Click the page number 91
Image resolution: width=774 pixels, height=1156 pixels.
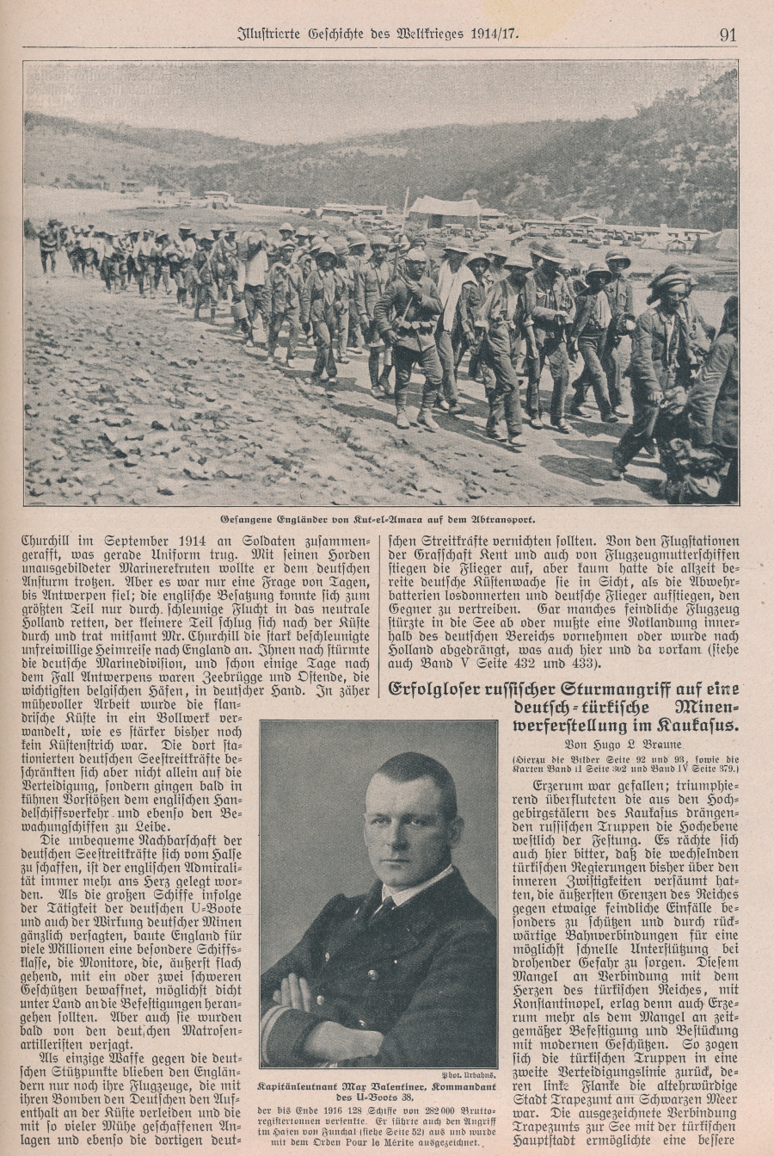click(x=727, y=35)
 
